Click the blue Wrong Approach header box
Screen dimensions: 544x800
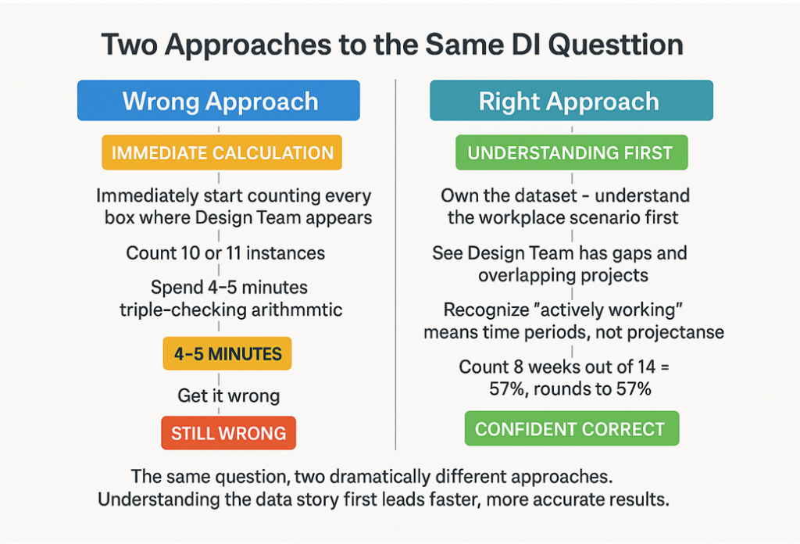(219, 102)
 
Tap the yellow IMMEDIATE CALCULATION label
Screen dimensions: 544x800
(223, 152)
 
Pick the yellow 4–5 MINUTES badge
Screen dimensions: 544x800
(227, 354)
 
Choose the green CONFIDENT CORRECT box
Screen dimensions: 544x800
(570, 429)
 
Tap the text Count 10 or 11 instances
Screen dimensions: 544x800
(226, 252)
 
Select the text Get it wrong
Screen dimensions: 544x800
(228, 395)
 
